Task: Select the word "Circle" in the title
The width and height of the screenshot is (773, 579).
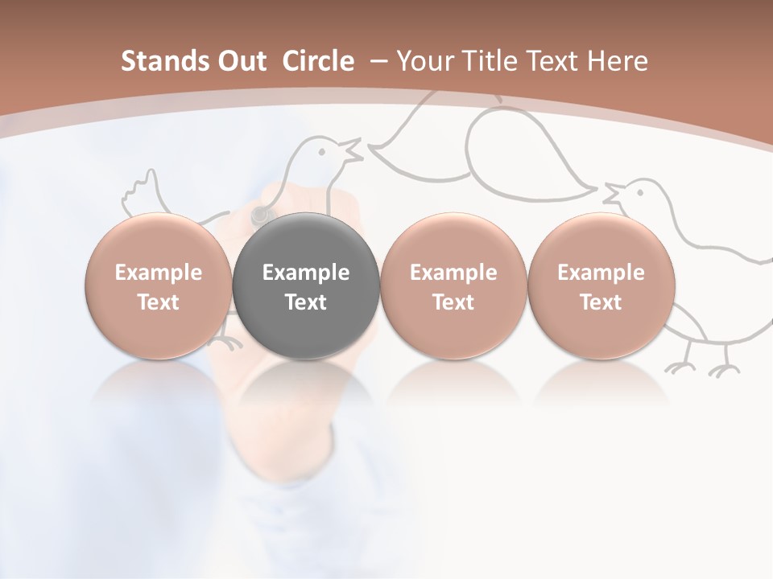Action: point(318,61)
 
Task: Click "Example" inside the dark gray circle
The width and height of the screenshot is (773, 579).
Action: point(306,273)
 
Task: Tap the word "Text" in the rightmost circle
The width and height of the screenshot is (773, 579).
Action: point(601,302)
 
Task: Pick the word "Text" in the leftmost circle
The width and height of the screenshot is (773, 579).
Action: point(158,302)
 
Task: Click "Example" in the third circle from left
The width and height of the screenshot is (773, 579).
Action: point(453,273)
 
